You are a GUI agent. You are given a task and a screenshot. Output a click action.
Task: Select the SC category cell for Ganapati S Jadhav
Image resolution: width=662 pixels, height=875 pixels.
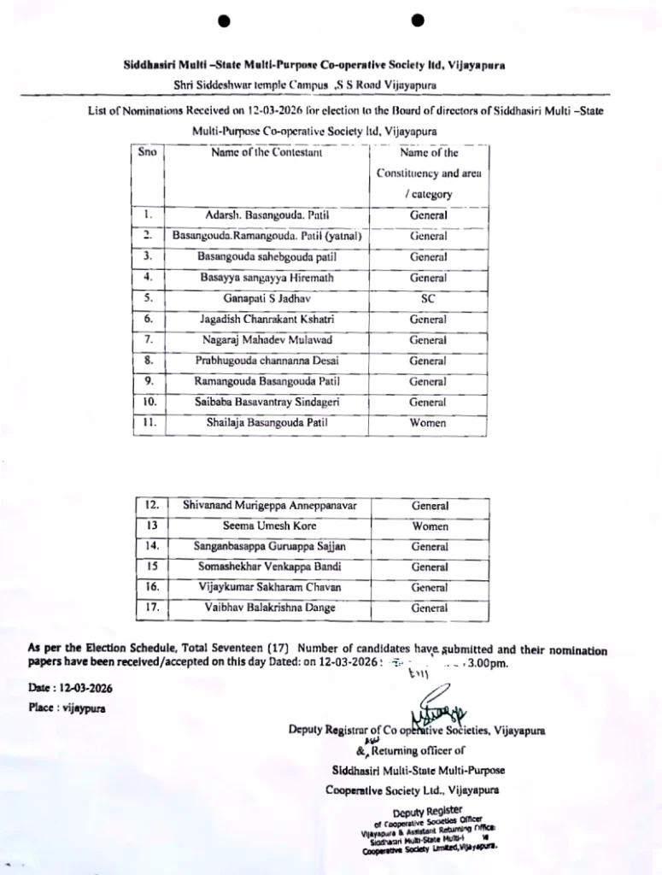tap(428, 299)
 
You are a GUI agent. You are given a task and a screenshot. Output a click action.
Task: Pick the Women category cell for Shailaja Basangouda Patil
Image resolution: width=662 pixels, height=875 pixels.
tap(428, 422)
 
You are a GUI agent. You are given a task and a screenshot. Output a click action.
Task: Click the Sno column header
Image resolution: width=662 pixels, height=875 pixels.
tap(147, 154)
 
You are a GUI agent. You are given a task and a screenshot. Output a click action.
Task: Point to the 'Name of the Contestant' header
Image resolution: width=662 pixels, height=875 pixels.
tap(265, 154)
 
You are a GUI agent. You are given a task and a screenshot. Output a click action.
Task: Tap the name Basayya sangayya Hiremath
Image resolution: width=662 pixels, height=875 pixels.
tap(266, 278)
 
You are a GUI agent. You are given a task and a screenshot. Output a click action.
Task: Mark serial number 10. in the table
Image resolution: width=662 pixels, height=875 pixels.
tap(149, 402)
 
